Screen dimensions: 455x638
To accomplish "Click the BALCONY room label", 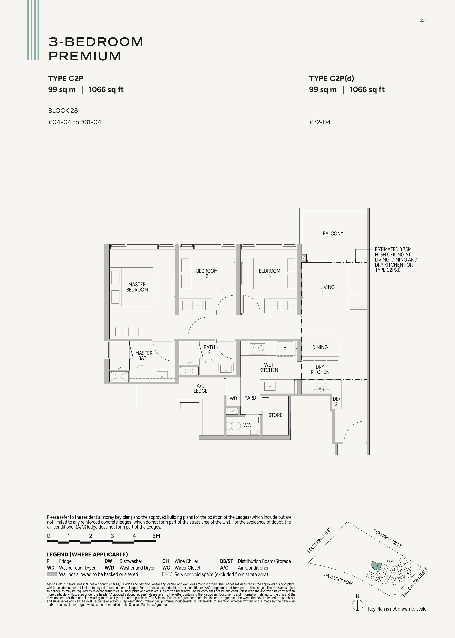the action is [x=333, y=233].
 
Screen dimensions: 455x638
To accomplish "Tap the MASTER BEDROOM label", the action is [x=137, y=287].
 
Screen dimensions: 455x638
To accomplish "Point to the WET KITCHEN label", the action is [x=269, y=368].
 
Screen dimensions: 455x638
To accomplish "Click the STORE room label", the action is [x=275, y=415].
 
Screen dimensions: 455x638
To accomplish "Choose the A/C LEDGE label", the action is [x=201, y=388].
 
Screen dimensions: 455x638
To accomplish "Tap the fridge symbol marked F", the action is [x=285, y=349].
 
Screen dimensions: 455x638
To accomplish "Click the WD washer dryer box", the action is [x=233, y=398].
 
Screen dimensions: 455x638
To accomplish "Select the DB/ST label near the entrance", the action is [x=336, y=402].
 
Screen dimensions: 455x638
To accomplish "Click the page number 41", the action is [x=424, y=21].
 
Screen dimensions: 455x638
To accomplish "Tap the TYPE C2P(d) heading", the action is [x=332, y=79].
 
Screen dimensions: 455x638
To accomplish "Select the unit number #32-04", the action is [x=320, y=122].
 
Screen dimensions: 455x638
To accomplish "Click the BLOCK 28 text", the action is [x=63, y=111].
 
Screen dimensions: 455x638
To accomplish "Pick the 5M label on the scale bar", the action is [x=156, y=536].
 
